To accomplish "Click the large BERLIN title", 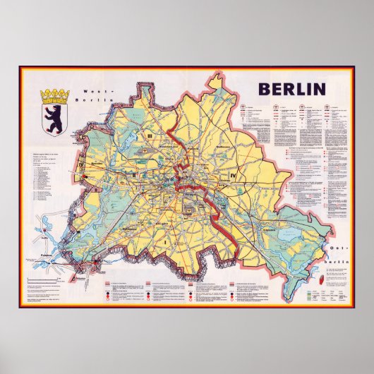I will tap(291, 89).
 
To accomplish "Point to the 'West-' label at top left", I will tap(93, 92).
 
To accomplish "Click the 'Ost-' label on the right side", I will tap(332, 251).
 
